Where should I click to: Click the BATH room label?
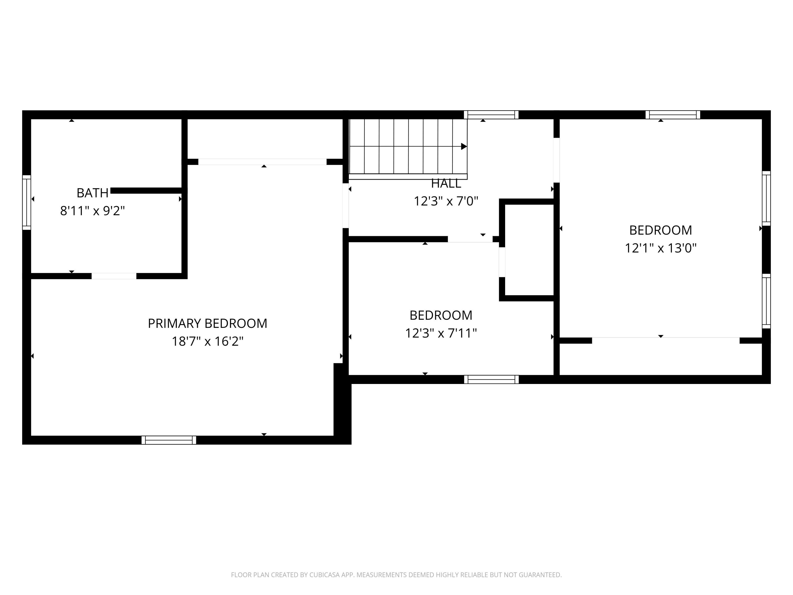click(93, 193)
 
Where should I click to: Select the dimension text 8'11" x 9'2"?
click(93, 211)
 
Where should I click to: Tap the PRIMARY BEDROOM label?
click(208, 323)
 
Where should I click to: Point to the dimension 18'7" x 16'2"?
click(208, 341)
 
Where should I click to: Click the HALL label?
click(446, 184)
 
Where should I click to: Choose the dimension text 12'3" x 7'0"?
click(446, 201)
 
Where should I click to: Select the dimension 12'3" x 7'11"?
click(441, 333)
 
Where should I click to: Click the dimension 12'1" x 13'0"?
click(660, 248)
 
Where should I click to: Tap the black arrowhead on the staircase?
click(464, 146)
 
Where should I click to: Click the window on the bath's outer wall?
click(26, 202)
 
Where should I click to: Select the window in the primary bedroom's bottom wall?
click(169, 440)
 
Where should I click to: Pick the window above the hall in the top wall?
click(491, 115)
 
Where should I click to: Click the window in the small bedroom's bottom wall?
click(491, 379)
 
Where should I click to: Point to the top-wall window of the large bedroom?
click(672, 115)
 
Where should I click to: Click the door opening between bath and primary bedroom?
click(114, 276)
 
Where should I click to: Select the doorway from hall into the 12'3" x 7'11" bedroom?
click(470, 239)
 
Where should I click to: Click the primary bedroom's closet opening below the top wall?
click(262, 162)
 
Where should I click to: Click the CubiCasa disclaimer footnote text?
click(396, 575)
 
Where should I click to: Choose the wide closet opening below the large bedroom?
click(665, 340)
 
